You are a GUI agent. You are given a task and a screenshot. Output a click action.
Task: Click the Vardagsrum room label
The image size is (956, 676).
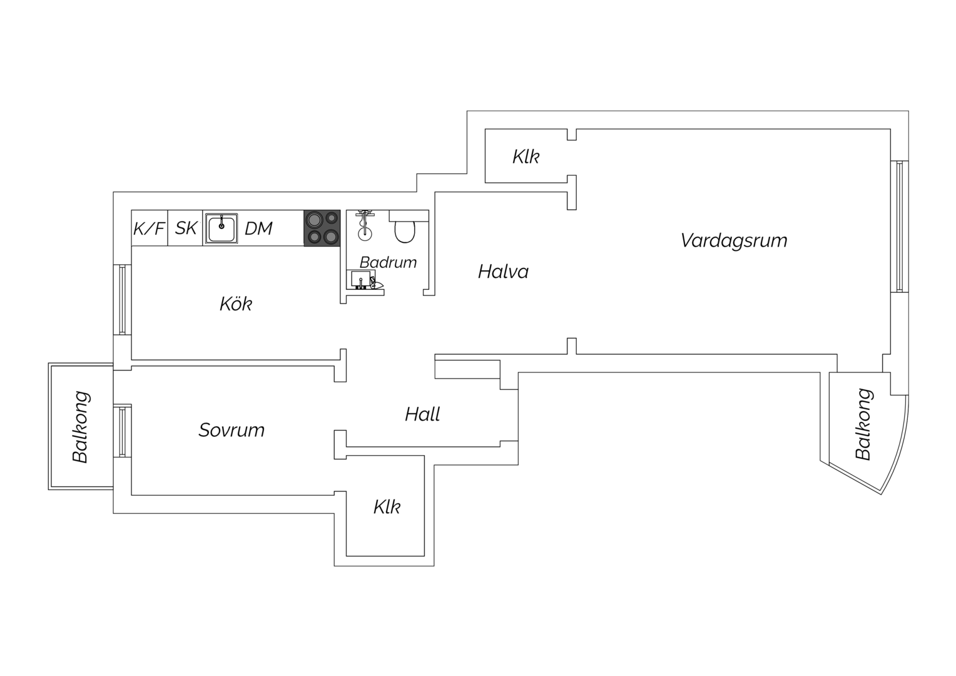click(x=734, y=241)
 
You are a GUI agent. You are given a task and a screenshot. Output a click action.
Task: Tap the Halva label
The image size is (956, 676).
click(x=503, y=272)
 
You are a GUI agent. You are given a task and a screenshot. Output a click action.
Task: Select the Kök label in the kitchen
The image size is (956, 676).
click(x=236, y=304)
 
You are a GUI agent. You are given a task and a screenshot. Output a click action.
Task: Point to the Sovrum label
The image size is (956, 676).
click(x=231, y=430)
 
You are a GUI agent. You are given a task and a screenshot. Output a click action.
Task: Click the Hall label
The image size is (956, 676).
click(x=422, y=414)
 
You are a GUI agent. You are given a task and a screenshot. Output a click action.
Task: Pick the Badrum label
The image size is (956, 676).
click(x=388, y=262)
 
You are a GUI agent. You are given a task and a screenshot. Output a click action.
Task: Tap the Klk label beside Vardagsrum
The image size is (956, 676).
click(x=526, y=156)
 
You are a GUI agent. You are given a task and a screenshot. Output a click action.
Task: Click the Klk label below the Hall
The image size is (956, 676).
click(x=387, y=507)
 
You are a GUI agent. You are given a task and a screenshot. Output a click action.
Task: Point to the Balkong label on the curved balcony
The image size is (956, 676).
click(x=863, y=424)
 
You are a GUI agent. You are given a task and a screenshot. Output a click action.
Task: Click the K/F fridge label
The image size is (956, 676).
click(x=149, y=229)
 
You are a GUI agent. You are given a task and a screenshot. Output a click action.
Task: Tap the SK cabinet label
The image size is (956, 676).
click(x=186, y=228)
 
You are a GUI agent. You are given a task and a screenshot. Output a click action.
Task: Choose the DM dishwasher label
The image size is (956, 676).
click(x=258, y=229)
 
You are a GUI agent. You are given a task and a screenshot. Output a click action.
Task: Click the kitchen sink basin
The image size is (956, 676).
click(x=221, y=228)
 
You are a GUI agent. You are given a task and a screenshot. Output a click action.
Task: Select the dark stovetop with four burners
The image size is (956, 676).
click(x=322, y=228)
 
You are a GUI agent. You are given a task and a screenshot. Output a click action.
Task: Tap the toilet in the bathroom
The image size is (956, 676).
click(x=405, y=231)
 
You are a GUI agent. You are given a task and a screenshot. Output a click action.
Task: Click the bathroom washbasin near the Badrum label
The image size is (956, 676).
click(x=361, y=279)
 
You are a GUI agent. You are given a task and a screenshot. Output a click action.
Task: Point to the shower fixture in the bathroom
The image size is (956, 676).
click(x=364, y=225)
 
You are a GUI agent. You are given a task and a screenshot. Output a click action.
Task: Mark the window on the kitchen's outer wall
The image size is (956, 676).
click(x=123, y=300)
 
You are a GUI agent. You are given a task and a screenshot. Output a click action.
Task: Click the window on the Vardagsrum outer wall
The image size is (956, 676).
click(x=900, y=227)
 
